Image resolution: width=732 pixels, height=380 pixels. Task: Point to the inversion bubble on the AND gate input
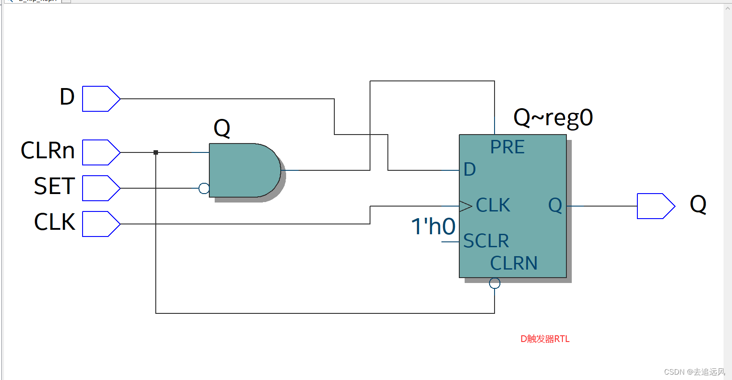pos(204,188)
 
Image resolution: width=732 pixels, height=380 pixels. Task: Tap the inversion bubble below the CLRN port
pos(495,283)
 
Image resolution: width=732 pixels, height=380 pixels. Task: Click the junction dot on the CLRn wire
pos(156,152)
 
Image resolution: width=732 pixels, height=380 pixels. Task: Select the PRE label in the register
pos(507,147)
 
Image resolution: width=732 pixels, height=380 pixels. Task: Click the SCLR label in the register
pos(486,241)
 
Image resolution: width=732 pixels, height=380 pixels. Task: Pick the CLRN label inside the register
pos(514,263)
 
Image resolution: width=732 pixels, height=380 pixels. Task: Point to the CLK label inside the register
pos(493,205)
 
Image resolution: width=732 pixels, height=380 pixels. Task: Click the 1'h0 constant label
pos(433,226)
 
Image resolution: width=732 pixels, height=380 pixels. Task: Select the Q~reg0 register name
pos(553,118)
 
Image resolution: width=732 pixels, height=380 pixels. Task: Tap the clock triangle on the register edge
pos(466,206)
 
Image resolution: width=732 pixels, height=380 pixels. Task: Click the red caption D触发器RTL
pos(545,339)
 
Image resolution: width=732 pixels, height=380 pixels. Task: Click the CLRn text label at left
pos(48,151)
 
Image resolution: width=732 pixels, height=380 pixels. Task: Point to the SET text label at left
pos(54,186)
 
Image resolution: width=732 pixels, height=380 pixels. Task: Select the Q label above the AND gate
pos(222,128)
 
